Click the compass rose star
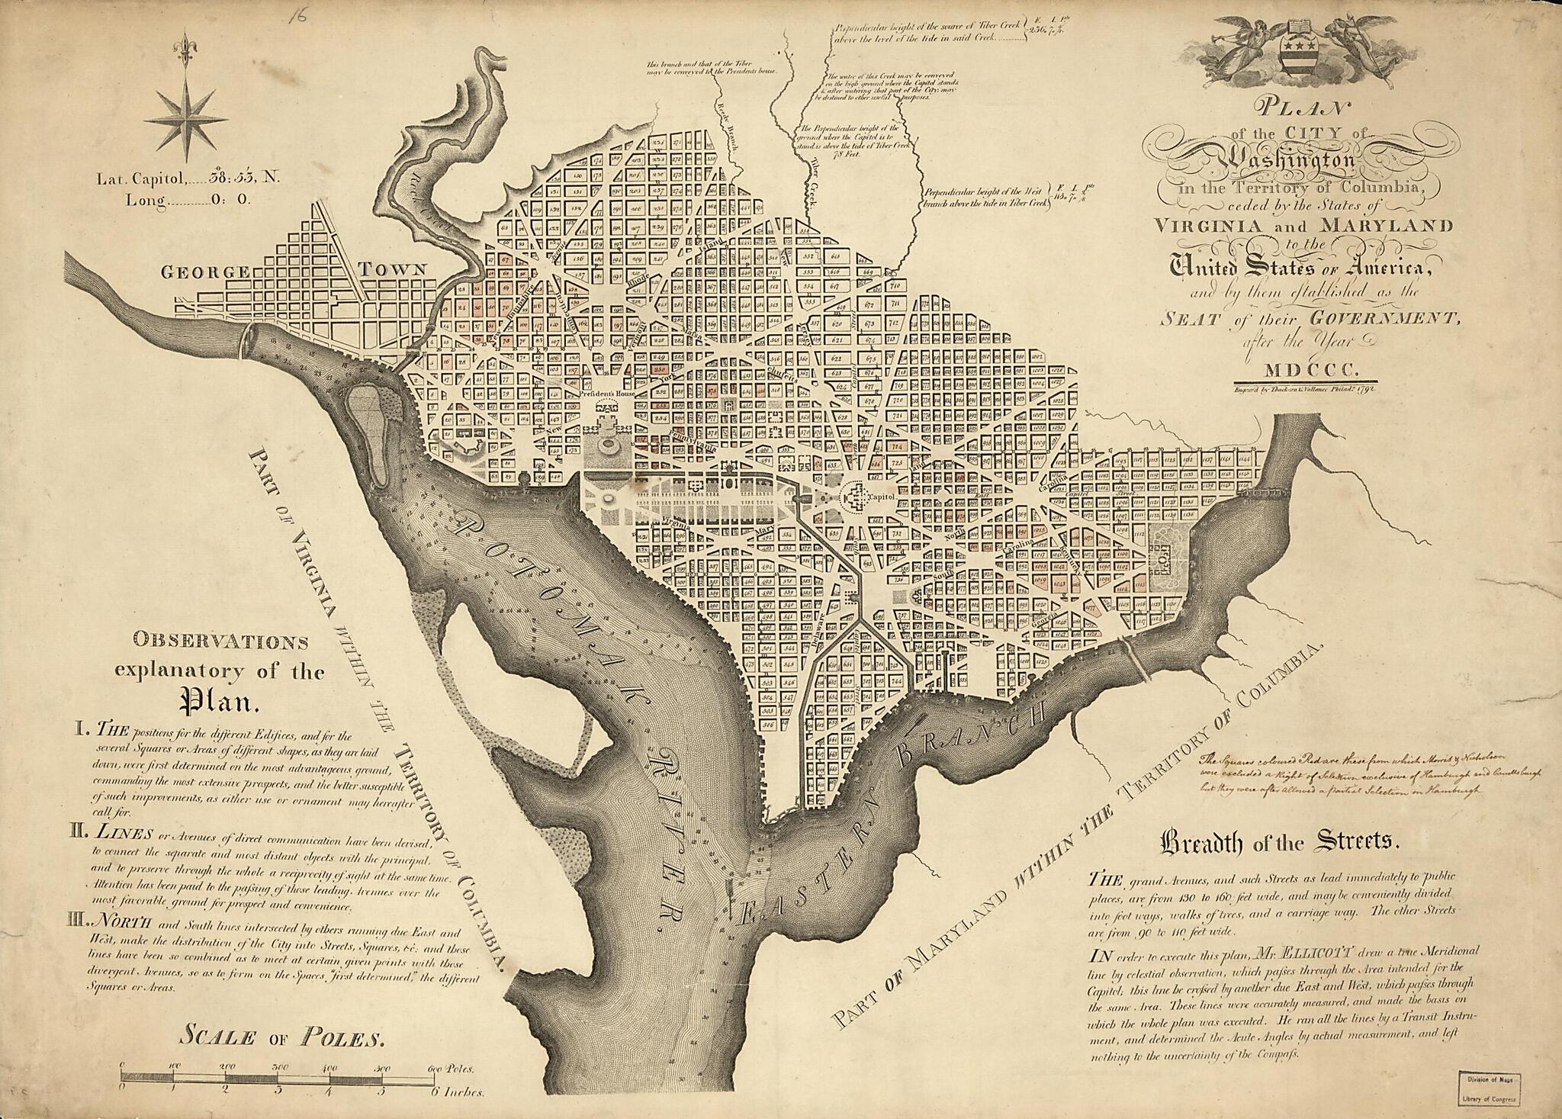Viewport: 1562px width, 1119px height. pyautogui.click(x=185, y=118)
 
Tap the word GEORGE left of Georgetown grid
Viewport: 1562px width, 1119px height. pyautogui.click(x=204, y=272)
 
